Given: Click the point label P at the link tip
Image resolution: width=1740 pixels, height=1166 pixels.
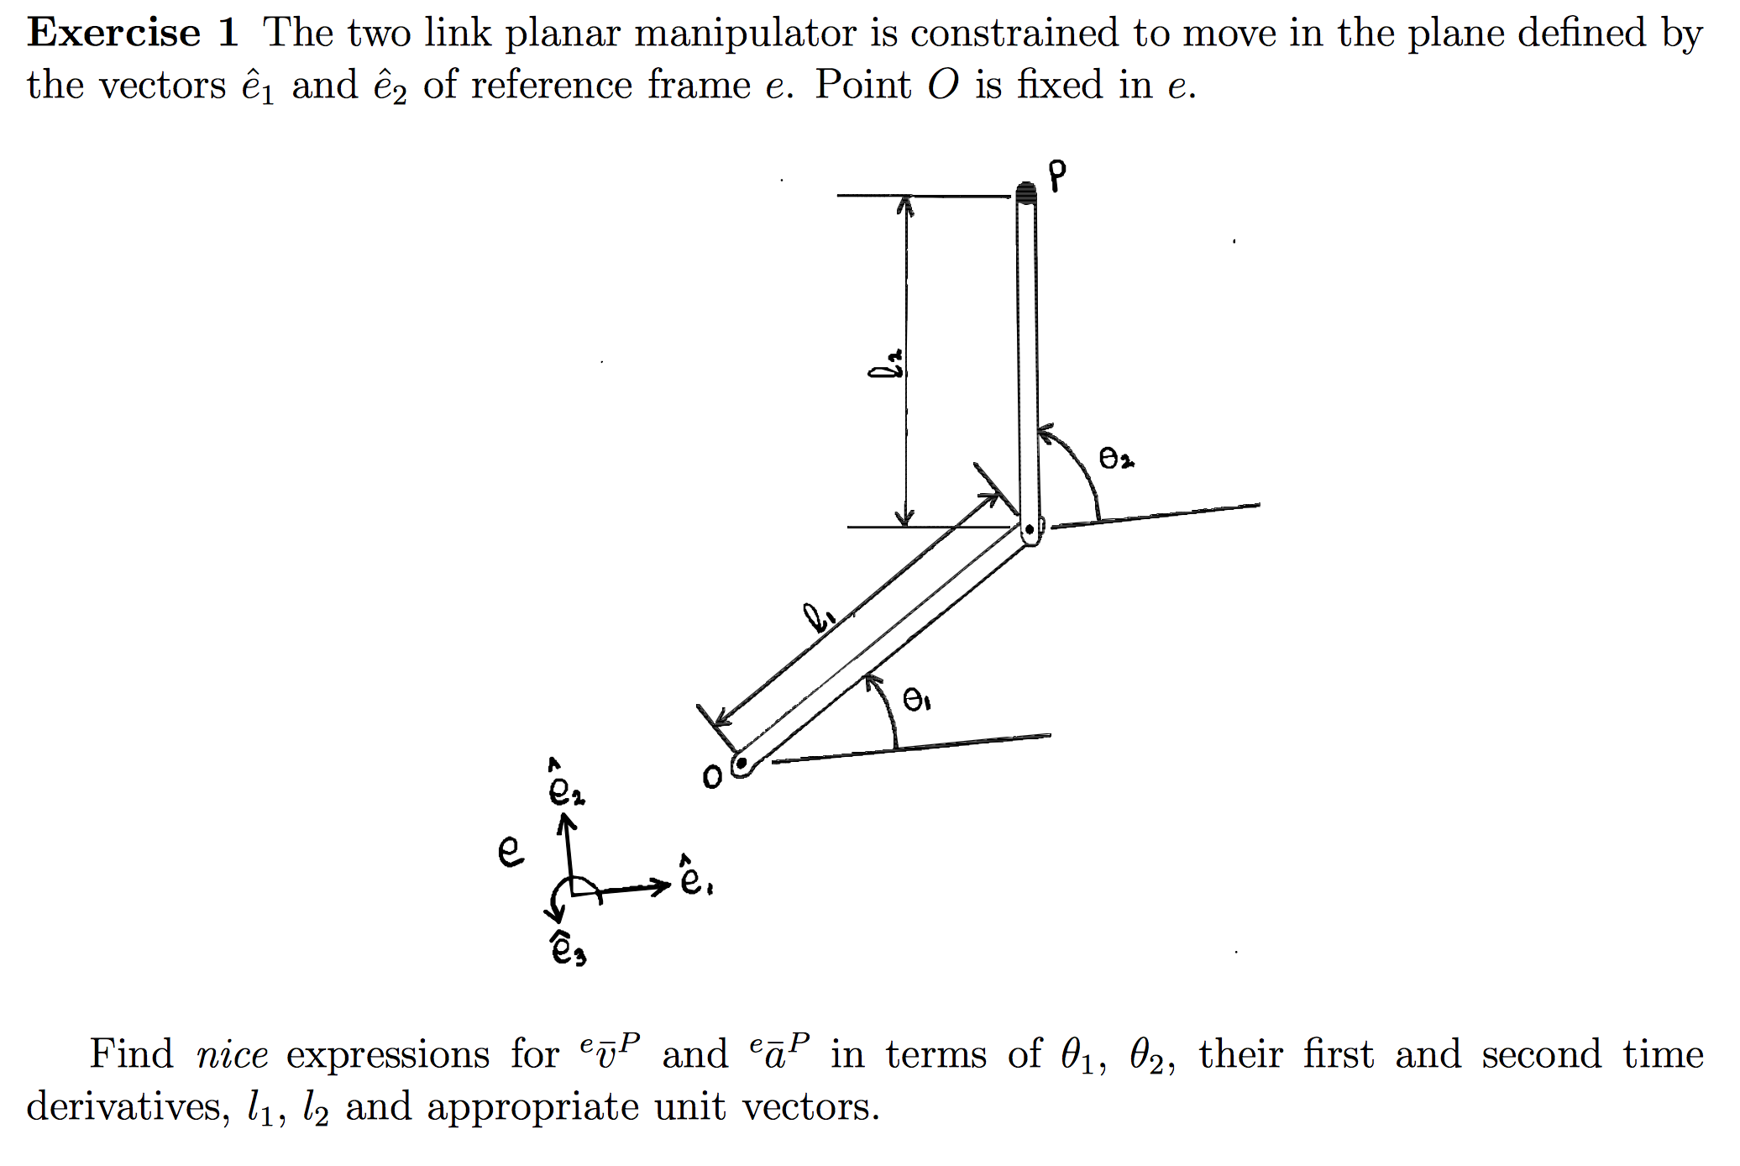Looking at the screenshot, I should (x=1057, y=175).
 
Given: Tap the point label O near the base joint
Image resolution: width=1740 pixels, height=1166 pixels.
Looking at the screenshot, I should (x=712, y=777).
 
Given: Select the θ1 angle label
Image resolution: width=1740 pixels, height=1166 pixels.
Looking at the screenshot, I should (x=916, y=699).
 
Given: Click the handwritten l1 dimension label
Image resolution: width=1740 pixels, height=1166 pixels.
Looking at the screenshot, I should (x=818, y=618).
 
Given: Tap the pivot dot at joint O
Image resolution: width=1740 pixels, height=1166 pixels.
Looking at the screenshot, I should (x=741, y=764).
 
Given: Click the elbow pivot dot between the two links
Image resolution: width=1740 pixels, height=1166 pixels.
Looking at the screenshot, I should (x=1029, y=530).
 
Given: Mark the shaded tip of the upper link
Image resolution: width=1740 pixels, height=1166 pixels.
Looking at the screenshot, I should (x=1025, y=193).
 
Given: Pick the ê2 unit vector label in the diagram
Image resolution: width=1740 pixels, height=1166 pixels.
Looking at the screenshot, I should (x=565, y=785).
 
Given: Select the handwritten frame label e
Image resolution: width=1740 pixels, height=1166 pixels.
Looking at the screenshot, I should (x=511, y=852).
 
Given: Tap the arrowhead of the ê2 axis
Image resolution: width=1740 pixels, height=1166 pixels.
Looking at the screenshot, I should (x=567, y=827).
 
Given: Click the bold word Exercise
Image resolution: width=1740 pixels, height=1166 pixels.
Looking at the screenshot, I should (x=113, y=34).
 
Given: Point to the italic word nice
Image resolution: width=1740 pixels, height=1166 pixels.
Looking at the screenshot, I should (x=232, y=1055).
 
